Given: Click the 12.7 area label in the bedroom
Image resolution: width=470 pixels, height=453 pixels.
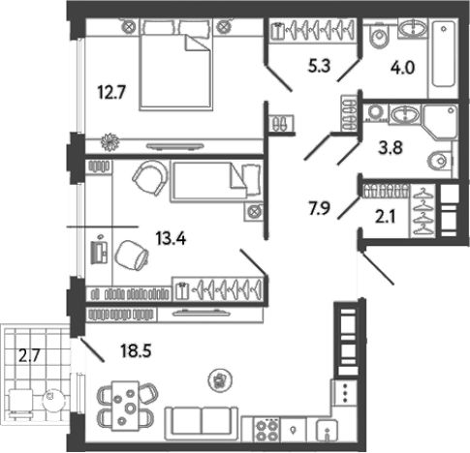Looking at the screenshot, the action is pyautogui.click(x=111, y=93).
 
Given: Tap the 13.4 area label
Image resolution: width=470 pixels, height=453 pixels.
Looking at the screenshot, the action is pyautogui.click(x=171, y=239).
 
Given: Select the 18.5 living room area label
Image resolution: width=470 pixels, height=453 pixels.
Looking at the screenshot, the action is pyautogui.click(x=136, y=350).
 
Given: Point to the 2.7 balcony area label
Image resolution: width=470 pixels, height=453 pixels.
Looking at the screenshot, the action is pyautogui.click(x=29, y=356).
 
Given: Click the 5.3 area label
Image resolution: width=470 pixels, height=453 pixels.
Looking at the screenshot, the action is pyautogui.click(x=319, y=67).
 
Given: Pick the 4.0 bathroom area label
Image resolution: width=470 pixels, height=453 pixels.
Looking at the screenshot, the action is pyautogui.click(x=402, y=69).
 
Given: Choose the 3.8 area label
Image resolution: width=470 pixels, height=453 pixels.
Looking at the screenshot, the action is pyautogui.click(x=391, y=148).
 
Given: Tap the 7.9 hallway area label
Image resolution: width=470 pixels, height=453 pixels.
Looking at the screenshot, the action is pyautogui.click(x=319, y=208).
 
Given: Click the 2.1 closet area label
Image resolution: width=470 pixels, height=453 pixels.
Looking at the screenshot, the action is pyautogui.click(x=385, y=217).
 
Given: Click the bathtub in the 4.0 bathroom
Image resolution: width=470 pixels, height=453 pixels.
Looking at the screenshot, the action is pyautogui.click(x=444, y=54).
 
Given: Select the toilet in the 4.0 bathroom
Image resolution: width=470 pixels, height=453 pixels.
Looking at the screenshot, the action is pyautogui.click(x=380, y=35).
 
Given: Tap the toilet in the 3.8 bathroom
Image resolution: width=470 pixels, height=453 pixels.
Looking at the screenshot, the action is pyautogui.click(x=439, y=160).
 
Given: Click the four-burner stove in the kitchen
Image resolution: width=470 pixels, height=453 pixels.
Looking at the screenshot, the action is pyautogui.click(x=266, y=431).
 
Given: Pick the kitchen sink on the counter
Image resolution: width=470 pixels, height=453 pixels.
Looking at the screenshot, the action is pyautogui.click(x=327, y=431).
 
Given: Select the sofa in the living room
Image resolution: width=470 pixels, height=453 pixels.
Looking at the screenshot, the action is pyautogui.click(x=202, y=424).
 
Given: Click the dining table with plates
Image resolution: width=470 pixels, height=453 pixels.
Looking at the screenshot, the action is pyautogui.click(x=125, y=406).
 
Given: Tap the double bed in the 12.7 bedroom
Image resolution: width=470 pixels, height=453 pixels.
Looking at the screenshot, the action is pyautogui.click(x=176, y=65).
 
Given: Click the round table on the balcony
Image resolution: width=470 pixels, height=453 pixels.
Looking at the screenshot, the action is pyautogui.click(x=52, y=398).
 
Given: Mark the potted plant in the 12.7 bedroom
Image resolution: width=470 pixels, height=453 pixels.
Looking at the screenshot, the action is pyautogui.click(x=110, y=142).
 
